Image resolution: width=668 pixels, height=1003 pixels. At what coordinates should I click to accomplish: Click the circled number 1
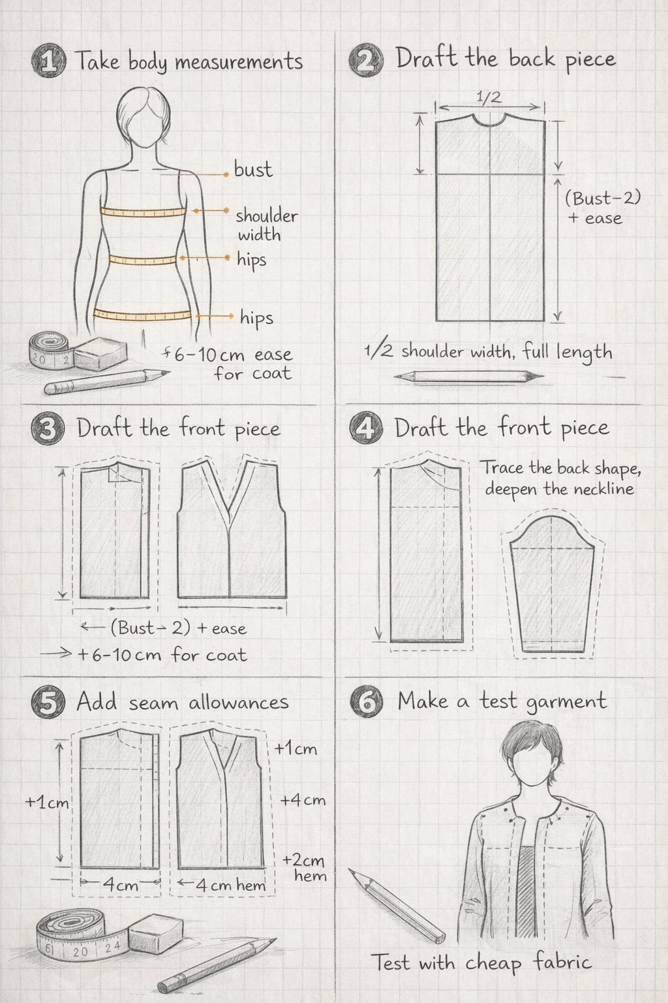[49, 61]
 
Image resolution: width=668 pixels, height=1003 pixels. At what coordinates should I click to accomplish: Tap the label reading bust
[253, 170]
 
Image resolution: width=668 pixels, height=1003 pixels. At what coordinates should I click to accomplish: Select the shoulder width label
[267, 225]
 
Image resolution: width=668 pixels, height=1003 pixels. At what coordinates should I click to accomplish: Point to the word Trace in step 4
[502, 468]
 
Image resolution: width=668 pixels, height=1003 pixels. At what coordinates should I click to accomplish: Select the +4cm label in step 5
[303, 800]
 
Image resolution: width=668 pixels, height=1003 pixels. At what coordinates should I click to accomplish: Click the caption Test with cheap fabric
[481, 962]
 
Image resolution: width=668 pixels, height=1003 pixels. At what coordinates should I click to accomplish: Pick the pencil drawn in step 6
[397, 903]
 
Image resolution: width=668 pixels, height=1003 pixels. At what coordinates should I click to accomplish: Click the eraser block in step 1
[100, 353]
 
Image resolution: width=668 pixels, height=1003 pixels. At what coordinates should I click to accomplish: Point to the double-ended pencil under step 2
[469, 376]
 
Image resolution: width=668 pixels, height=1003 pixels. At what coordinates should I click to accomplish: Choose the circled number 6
[367, 701]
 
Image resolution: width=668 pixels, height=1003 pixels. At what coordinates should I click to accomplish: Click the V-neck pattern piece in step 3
[232, 528]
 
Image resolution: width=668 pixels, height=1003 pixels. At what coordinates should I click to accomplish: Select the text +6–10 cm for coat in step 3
[162, 655]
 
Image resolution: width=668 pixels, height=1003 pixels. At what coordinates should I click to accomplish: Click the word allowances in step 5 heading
[239, 703]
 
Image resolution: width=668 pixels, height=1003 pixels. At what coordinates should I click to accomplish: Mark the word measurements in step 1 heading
[239, 62]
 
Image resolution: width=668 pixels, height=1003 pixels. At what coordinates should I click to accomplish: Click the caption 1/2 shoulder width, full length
[488, 352]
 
